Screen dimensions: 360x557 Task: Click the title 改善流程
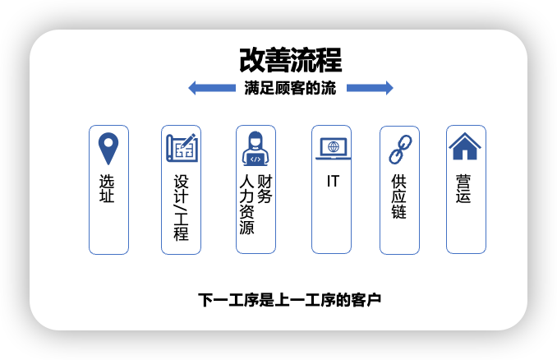[291, 61]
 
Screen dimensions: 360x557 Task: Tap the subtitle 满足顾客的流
[290, 89]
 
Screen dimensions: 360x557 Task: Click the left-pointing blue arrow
[213, 88]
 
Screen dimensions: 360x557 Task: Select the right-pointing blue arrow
[370, 88]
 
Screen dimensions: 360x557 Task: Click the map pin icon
[108, 149]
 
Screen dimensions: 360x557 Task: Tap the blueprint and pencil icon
[182, 148]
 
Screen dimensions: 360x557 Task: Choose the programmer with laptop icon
[255, 148]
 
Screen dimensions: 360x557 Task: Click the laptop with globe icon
[332, 148]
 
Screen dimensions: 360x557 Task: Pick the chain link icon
[399, 149]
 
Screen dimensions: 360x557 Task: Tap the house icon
[465, 147]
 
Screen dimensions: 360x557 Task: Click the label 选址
[108, 189]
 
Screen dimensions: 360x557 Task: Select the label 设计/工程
[182, 205]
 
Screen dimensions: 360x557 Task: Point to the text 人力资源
[246, 204]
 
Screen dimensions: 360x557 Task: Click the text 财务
[265, 188]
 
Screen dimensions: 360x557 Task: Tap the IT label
[332, 180]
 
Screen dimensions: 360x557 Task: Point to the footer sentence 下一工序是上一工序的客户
[290, 299]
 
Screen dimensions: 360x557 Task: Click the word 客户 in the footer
[367, 299]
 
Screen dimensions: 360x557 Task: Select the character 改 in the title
[252, 61]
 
